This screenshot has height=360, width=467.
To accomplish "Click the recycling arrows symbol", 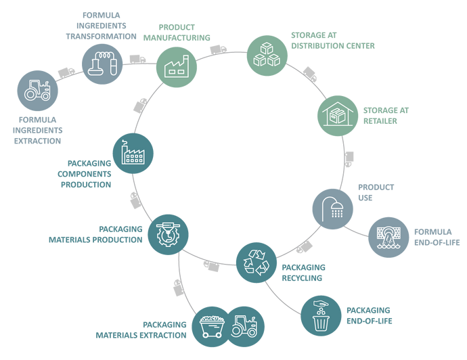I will tap(255, 262).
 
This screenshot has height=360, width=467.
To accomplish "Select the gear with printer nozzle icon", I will tap(169, 231).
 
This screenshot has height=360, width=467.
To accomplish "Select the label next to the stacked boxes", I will tap(332, 40).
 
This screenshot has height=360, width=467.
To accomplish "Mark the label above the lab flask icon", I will tap(103, 25).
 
